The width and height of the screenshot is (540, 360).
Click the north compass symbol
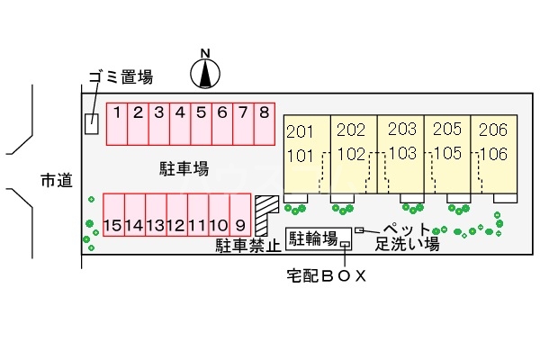point(206,73)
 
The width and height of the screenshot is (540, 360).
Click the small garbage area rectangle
point(91,124)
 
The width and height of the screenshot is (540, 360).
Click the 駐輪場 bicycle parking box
point(313,238)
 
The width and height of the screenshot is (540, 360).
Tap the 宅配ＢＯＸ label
point(321,276)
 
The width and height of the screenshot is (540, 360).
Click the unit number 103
point(402,152)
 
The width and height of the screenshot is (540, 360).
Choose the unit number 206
point(493,130)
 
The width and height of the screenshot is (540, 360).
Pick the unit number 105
point(448,152)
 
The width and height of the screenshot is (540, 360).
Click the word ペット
point(407,229)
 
